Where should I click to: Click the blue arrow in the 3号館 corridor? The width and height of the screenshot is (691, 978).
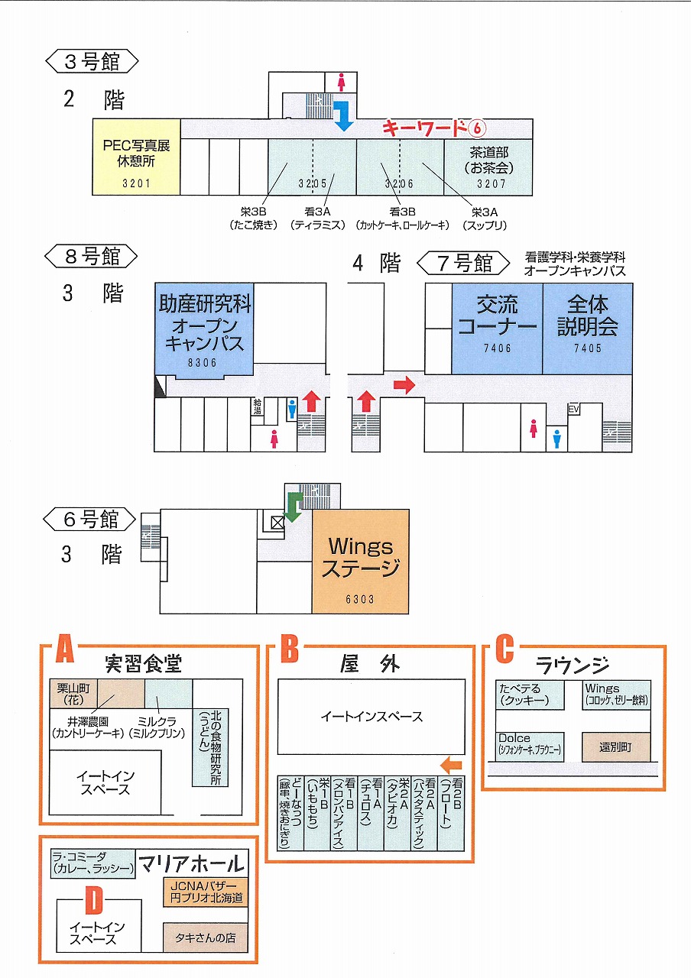345,115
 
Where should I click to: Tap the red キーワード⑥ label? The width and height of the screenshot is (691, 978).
433,128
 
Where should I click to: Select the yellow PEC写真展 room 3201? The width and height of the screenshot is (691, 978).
136,157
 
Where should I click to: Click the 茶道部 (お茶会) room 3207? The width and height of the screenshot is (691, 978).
488,167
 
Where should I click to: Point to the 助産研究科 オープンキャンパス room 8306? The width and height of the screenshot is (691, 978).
204,329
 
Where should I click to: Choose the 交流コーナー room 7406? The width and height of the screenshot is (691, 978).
498,329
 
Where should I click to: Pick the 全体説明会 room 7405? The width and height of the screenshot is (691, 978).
588,329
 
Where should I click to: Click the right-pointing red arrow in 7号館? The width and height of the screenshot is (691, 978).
404,384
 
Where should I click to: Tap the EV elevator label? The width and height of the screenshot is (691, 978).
573,409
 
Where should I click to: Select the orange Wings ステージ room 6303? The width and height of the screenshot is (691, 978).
360,562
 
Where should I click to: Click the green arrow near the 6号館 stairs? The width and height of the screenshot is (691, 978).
294,507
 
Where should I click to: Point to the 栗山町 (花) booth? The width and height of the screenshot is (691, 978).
73,693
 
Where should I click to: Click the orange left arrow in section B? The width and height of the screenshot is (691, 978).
451,765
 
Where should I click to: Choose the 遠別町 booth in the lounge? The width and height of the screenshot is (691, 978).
616,747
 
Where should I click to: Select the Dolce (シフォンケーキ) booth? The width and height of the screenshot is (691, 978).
530,747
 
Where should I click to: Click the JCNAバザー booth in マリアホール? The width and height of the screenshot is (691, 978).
206,892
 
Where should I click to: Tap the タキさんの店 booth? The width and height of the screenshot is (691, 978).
206,938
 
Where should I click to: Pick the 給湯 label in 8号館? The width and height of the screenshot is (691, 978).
257,406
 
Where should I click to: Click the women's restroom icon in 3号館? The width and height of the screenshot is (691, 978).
341,82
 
